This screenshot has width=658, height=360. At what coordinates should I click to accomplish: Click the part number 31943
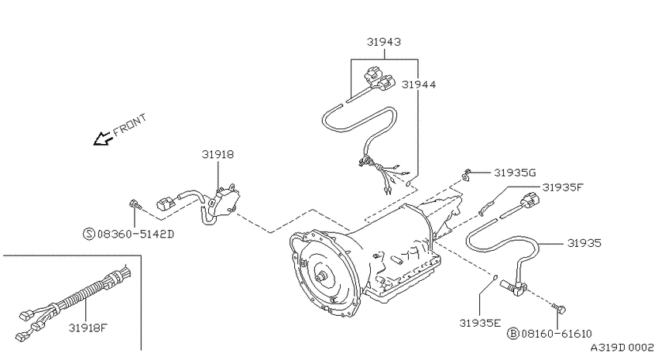pos(384,42)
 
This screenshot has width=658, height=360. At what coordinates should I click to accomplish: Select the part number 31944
pos(419,84)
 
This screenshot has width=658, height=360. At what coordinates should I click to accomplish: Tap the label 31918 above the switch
pos(218,154)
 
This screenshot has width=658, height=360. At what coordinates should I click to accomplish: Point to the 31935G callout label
pos(515,173)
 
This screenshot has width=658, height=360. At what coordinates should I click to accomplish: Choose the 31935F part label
pos(563,187)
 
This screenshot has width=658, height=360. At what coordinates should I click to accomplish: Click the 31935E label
pos(480,323)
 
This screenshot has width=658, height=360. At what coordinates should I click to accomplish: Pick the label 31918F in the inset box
pos(88,327)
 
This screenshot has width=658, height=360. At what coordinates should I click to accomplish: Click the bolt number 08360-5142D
pos(135,234)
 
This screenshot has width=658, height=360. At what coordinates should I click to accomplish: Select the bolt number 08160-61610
pos(557,334)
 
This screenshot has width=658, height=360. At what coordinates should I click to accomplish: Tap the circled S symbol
pos(89,234)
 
